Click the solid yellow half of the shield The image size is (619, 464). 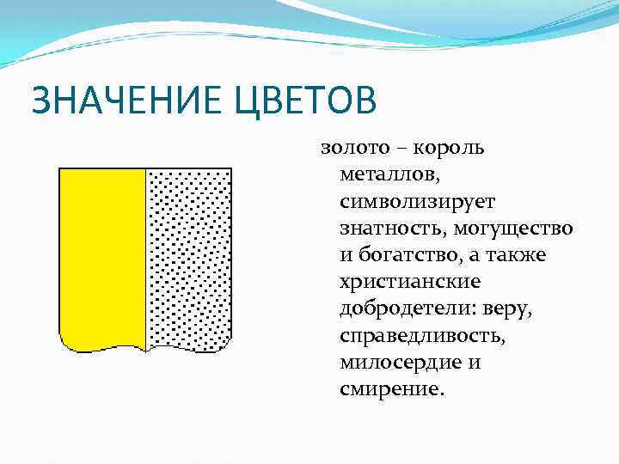coord(101,258)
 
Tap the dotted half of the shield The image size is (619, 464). coord(189,258)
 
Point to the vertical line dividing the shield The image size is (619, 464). coord(146,258)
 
